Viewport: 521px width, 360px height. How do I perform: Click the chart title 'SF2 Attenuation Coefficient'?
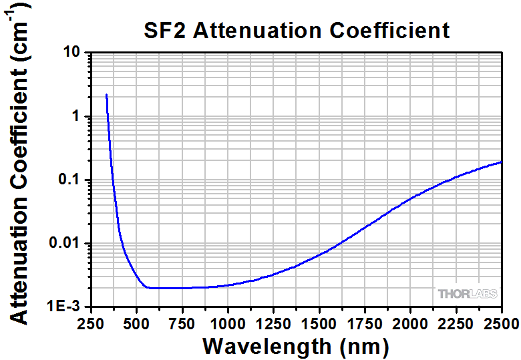(x=296, y=30)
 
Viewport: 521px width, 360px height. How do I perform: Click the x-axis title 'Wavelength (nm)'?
(x=296, y=346)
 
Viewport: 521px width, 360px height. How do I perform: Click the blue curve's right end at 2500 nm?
(x=501, y=162)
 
